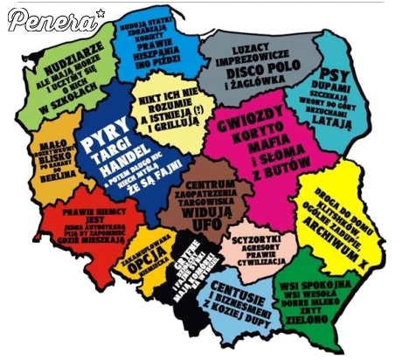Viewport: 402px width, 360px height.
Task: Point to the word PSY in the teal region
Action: pyautogui.click(x=335, y=73)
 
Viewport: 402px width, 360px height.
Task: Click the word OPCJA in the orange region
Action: pyautogui.click(x=142, y=268)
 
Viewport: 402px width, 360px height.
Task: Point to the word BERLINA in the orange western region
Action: pyautogui.click(x=56, y=175)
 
